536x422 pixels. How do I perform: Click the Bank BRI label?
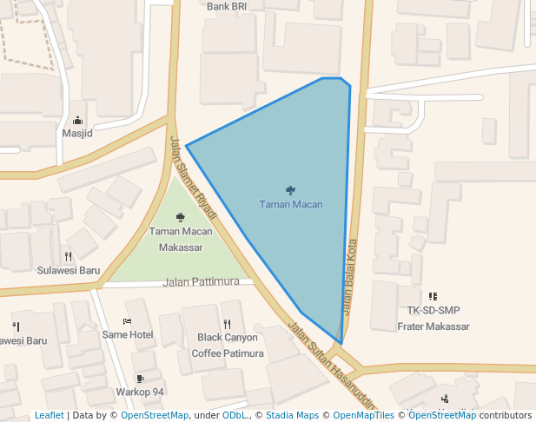tap(227, 6)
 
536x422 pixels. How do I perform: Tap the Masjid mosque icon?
tap(77, 121)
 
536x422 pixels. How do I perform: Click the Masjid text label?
tap(77, 134)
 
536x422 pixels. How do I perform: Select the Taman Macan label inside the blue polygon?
tap(291, 205)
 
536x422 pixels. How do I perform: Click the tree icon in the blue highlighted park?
tap(290, 190)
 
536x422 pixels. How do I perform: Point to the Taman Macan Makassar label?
tap(180, 240)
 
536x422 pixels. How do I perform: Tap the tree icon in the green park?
tap(180, 217)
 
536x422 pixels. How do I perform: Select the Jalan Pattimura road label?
tap(201, 282)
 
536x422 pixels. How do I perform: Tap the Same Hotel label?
tap(128, 335)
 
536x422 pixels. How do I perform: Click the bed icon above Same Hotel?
tap(128, 321)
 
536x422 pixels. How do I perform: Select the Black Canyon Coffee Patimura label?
tap(228, 346)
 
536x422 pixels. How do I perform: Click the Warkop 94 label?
tap(140, 392)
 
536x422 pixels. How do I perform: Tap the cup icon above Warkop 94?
tap(140, 379)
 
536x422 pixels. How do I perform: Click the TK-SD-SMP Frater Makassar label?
tap(433, 319)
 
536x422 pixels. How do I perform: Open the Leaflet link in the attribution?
tap(49, 415)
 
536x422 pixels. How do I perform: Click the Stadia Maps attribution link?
tap(290, 415)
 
